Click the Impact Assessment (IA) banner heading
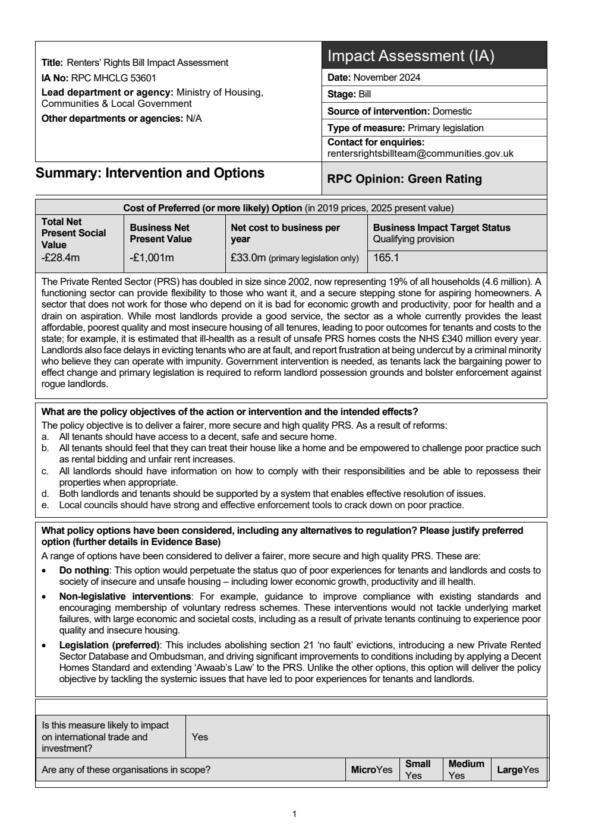click(411, 56)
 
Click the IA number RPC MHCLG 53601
click(113, 78)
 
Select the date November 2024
click(386, 77)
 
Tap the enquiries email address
click(420, 153)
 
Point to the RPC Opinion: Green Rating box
click(404, 179)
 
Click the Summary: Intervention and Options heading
click(150, 173)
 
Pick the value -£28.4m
click(60, 258)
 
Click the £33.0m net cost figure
click(248, 258)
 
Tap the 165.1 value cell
click(386, 258)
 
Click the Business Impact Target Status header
click(441, 227)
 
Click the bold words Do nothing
click(84, 570)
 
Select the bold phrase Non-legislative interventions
click(125, 596)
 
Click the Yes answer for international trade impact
click(200, 737)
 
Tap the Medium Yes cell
click(466, 769)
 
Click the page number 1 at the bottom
click(294, 814)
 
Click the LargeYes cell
click(517, 769)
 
